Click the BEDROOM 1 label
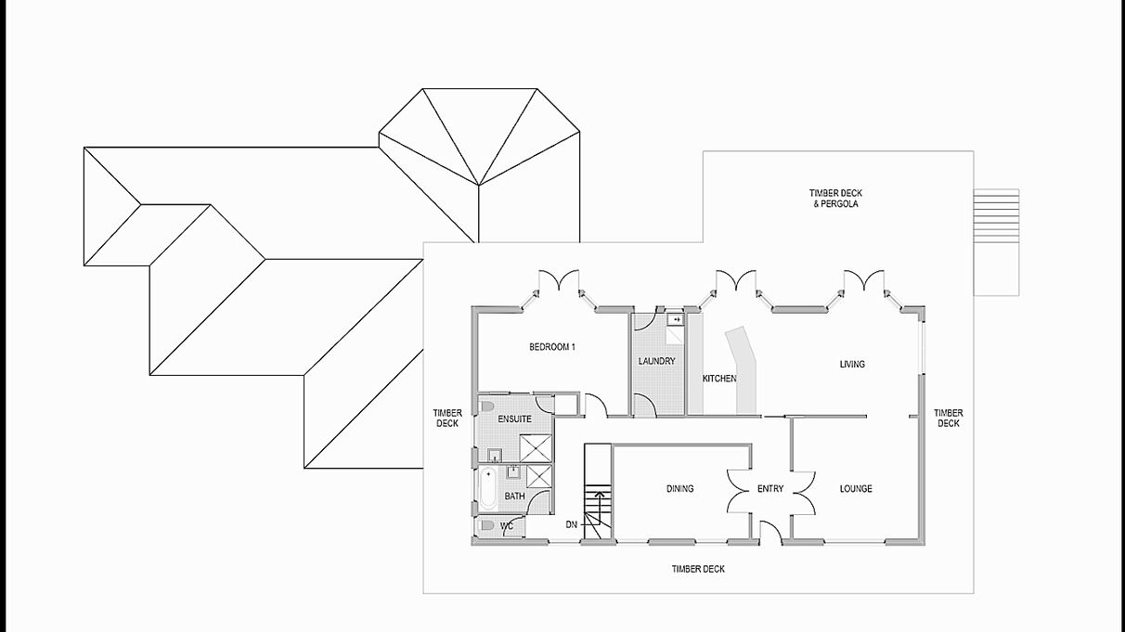552,347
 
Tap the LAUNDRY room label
656,361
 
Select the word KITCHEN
719,379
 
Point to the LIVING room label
852,364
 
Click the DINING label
680,488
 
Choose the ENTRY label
770,488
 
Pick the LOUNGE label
856,488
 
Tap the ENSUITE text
514,419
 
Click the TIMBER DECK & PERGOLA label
835,199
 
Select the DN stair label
572,524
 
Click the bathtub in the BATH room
487,489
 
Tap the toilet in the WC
485,525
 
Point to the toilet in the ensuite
485,406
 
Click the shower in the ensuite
536,448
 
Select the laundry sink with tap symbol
676,320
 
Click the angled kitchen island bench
743,370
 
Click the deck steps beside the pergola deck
996,242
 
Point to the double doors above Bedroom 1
559,280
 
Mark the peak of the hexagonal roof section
479,186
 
